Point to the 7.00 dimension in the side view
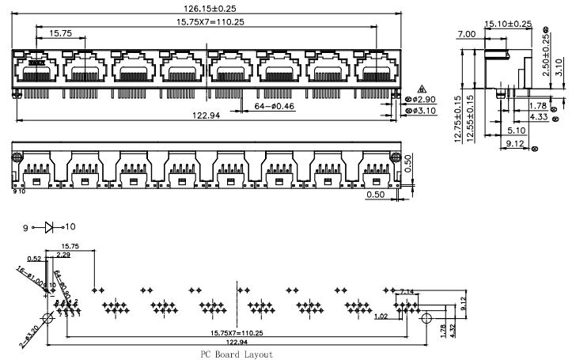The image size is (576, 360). (466, 34)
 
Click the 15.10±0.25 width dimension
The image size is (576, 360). (508, 24)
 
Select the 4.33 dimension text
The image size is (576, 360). (539, 116)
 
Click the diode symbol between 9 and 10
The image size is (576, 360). (48, 228)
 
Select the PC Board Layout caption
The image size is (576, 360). (236, 354)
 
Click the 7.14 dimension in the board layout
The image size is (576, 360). (407, 292)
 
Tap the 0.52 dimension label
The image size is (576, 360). (34, 259)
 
